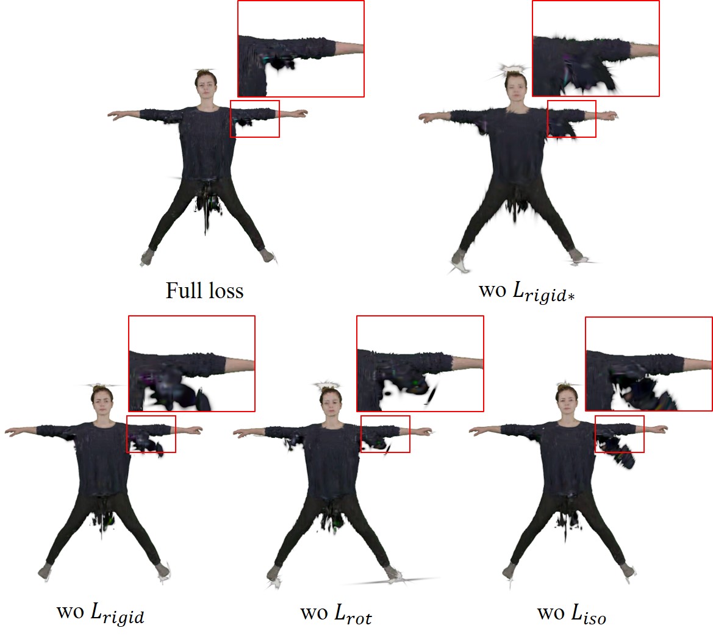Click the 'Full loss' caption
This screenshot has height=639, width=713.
coord(204,290)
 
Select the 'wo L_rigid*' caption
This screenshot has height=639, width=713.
coord(526,291)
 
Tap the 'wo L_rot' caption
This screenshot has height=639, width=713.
coord(336,613)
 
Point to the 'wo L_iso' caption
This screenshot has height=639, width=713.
coord(571,613)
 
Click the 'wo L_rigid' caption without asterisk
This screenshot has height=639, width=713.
coord(101,613)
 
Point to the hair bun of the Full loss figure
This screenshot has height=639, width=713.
coord(205,73)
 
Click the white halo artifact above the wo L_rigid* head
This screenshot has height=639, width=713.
coord(514,69)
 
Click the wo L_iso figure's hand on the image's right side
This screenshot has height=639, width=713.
coord(662,429)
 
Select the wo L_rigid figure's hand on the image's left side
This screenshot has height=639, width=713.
coord(12,429)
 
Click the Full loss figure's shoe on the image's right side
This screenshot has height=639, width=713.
coord(268,255)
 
